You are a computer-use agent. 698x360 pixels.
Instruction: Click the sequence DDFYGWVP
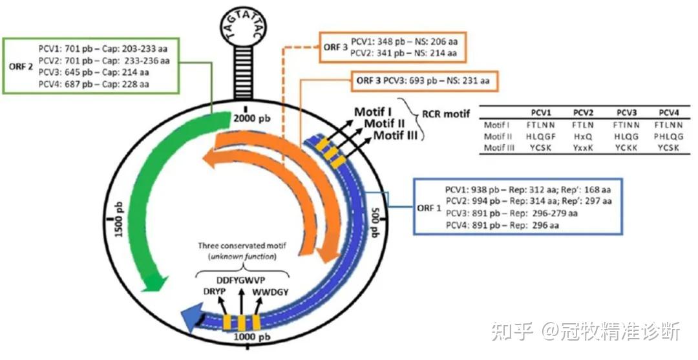click(240, 281)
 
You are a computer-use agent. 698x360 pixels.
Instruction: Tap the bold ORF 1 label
click(429, 208)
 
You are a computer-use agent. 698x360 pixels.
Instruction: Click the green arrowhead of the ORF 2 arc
click(154, 282)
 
